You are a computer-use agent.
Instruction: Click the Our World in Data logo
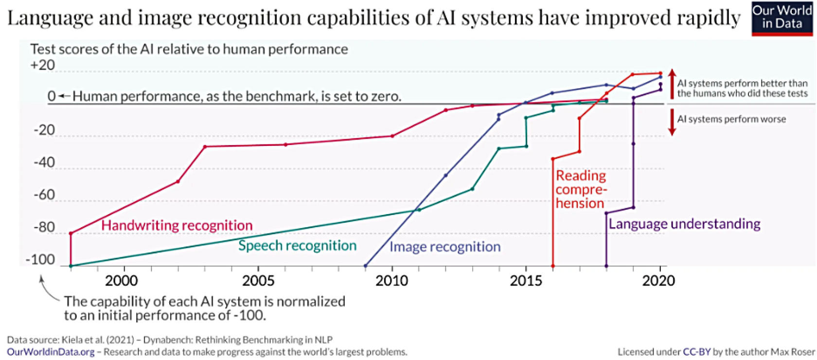(782, 18)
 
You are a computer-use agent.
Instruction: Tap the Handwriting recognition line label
(177, 225)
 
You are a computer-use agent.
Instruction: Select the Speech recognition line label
(297, 245)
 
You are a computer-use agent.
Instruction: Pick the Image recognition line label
(445, 247)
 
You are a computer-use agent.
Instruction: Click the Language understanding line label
(684, 224)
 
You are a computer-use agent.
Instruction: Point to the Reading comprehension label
(581, 189)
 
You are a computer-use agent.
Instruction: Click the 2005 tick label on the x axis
(258, 281)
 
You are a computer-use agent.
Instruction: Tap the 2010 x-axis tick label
(392, 281)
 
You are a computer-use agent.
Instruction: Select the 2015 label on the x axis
(526, 281)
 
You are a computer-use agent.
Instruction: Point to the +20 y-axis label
(43, 65)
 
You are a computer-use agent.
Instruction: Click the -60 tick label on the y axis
(44, 195)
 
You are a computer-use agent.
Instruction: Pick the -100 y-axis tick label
(40, 260)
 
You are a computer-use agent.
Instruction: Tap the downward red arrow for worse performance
(672, 122)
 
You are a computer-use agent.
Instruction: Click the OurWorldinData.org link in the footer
(51, 352)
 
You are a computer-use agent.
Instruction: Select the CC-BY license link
(696, 352)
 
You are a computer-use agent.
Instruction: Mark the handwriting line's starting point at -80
(71, 234)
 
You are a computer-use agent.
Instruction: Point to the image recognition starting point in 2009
(365, 266)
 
